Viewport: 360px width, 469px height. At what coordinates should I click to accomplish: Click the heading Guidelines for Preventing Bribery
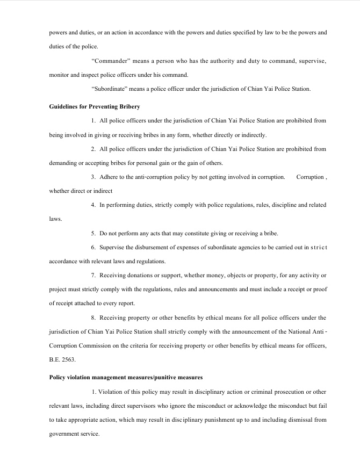[x=95, y=107]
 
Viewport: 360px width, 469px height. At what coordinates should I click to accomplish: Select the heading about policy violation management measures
[x=126, y=378]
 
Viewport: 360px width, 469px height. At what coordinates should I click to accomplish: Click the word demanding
[x=62, y=163]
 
